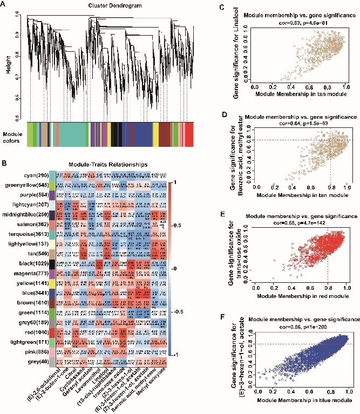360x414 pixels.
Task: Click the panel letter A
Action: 5,4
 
